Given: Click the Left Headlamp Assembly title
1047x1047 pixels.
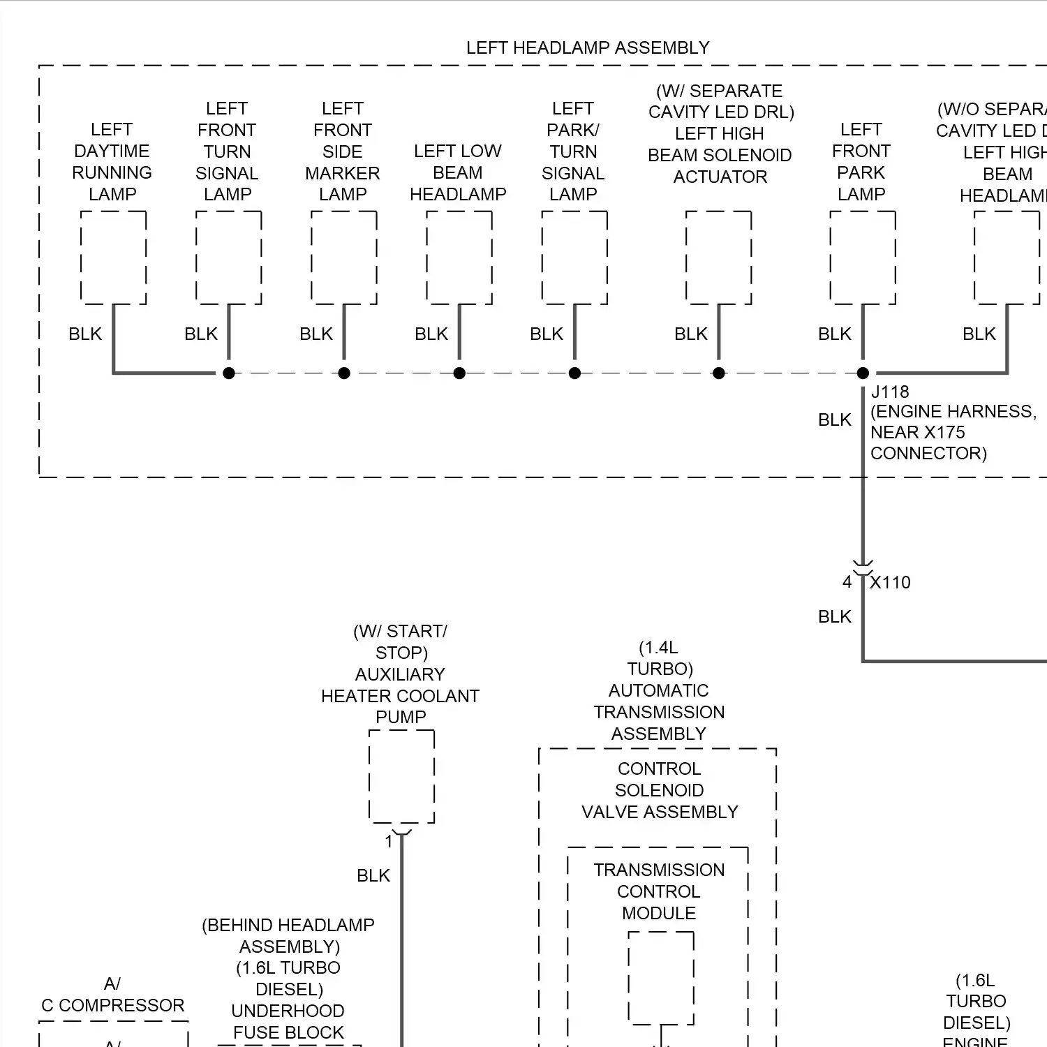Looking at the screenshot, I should click(587, 47).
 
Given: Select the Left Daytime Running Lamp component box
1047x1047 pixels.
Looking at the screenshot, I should click(113, 258).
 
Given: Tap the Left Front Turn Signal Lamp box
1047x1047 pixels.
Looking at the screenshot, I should click(228, 258).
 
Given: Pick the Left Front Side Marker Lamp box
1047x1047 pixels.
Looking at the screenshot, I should click(343, 258).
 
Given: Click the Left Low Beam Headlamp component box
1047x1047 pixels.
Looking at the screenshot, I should click(459, 258).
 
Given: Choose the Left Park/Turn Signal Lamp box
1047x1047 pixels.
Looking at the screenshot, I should click(574, 258).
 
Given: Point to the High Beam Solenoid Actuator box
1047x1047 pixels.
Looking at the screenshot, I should click(718, 258).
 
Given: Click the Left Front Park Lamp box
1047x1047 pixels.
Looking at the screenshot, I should click(862, 258).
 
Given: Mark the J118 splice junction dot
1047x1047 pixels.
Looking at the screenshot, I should click(863, 373).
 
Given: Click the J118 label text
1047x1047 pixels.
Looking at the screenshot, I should click(890, 392).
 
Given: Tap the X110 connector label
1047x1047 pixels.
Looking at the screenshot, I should click(890, 582).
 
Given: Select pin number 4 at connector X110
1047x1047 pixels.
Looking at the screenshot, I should click(847, 581).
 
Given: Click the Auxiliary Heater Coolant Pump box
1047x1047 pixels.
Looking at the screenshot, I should click(401, 776).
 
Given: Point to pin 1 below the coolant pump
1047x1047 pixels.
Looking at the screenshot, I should click(389, 842).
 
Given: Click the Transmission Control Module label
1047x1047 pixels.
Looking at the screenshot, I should click(659, 891).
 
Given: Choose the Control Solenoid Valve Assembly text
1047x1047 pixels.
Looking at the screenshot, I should click(659, 790).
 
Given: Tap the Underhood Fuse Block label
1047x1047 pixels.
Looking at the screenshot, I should click(288, 1022).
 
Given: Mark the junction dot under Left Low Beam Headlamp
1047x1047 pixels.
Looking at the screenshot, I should click(459, 373).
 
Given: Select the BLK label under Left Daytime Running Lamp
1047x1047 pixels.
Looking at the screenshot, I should click(85, 334).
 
